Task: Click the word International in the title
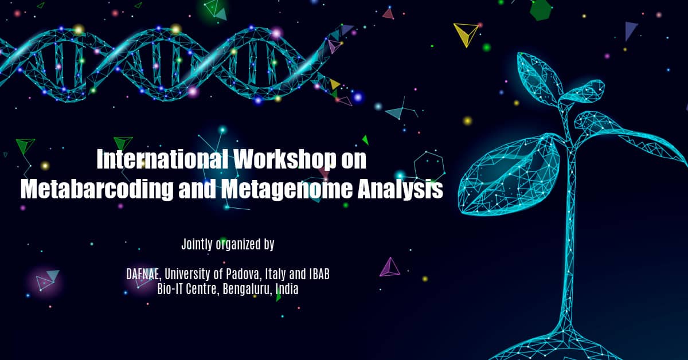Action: pos(162,159)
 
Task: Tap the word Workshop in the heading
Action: pos(285,160)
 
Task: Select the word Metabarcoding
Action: pos(97,189)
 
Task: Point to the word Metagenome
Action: pos(287,190)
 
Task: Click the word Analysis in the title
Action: pos(400,190)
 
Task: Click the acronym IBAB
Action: pos(319,274)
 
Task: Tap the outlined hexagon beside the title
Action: pos(429,166)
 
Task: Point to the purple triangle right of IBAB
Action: pos(389,267)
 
